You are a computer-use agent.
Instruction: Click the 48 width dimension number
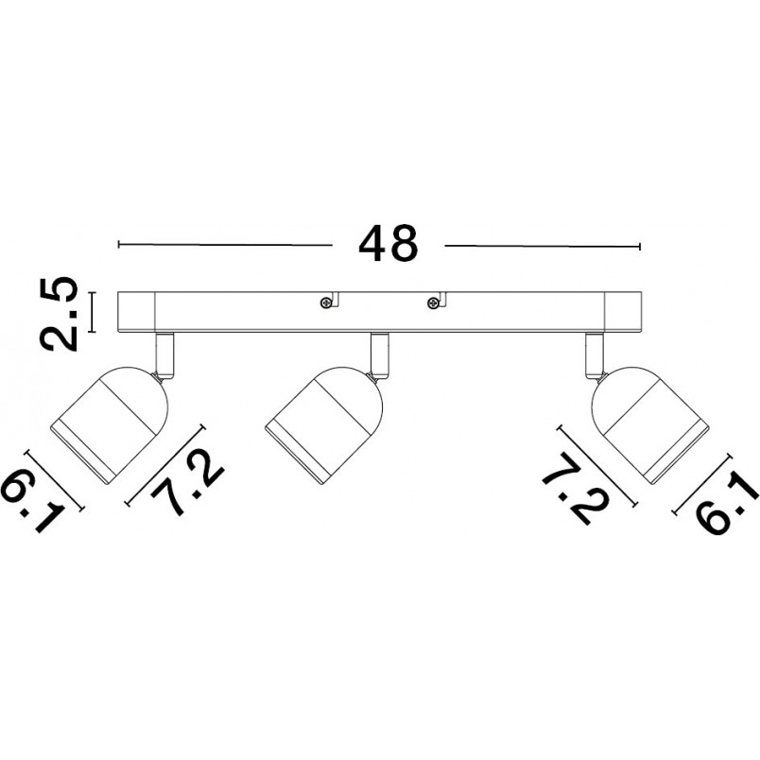point(388,243)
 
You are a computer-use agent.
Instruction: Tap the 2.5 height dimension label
point(60,314)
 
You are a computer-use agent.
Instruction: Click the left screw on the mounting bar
point(325,302)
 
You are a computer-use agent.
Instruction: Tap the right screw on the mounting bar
point(432,303)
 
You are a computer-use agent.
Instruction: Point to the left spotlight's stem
point(164,354)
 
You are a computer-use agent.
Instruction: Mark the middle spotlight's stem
point(379,354)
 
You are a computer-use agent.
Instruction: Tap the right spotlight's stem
point(595,354)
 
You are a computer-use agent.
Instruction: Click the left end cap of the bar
point(137,312)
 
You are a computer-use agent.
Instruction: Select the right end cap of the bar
point(623,312)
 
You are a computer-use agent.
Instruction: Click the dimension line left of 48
point(225,245)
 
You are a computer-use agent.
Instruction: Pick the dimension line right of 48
point(543,246)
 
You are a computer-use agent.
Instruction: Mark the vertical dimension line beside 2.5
point(92,312)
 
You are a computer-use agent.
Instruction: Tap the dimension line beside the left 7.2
point(165,465)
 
